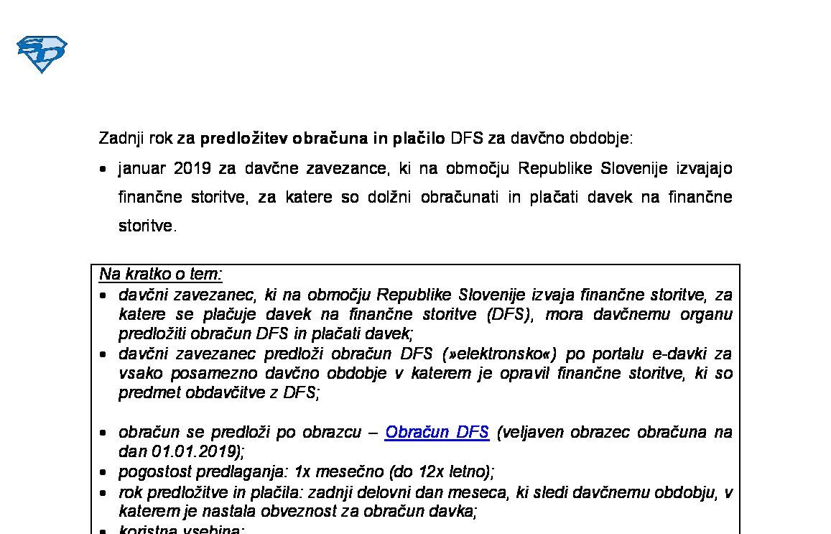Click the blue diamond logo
click(42, 54)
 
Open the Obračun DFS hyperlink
click(437, 432)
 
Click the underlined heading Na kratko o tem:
click(161, 274)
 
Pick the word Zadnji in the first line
click(121, 137)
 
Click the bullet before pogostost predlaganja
click(103, 473)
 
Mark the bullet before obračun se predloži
click(103, 433)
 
